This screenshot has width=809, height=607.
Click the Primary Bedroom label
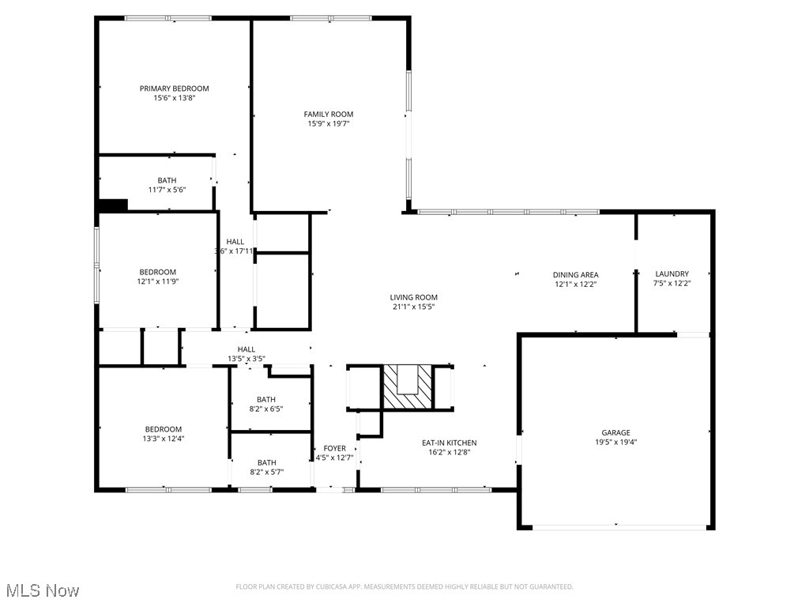pos(175,89)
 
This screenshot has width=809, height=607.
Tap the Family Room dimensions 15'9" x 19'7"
pos(329,123)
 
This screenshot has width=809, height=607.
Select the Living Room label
pos(413,297)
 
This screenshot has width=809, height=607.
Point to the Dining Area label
pos(575,275)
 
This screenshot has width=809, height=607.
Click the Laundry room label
pos(672,274)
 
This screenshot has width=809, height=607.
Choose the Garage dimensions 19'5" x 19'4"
pos(615,443)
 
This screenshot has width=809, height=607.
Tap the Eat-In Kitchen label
pos(449,443)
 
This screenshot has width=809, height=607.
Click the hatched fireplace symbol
pos(408,386)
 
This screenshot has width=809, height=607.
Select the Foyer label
pos(335,448)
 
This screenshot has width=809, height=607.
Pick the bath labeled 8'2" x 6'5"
pos(266,399)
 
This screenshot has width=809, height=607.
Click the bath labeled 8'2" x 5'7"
pos(266,462)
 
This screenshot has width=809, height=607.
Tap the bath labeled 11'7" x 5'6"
pos(167,180)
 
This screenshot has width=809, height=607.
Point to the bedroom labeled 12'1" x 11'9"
pos(158,272)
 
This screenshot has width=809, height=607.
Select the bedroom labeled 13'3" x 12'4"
pos(163,429)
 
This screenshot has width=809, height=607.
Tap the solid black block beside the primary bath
pos(112,205)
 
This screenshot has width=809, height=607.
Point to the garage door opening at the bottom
pos(616,527)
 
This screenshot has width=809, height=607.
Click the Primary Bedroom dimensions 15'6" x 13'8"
pos(175,98)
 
